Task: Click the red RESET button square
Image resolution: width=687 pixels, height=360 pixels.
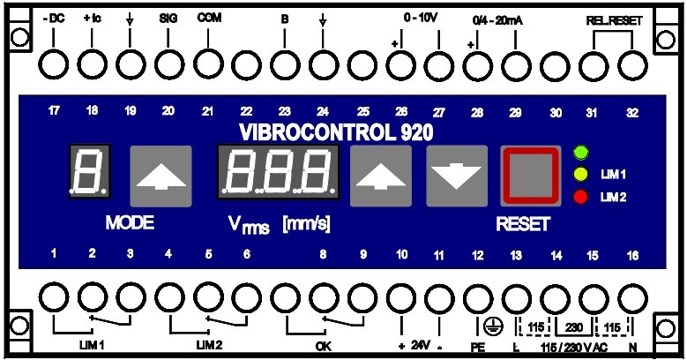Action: click(531, 175)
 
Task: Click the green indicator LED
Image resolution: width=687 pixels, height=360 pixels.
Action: click(579, 152)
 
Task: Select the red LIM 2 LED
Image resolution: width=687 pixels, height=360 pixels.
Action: click(579, 195)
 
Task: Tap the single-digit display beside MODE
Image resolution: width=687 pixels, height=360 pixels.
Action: click(91, 171)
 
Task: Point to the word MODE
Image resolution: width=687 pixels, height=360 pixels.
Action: click(130, 222)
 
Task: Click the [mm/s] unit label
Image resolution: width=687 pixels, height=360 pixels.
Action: click(306, 224)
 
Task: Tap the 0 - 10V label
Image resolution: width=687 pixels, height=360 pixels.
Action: click(420, 18)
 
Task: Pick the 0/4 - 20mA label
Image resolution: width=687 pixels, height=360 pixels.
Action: click(497, 18)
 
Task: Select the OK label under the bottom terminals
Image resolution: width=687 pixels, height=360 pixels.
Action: click(323, 345)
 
